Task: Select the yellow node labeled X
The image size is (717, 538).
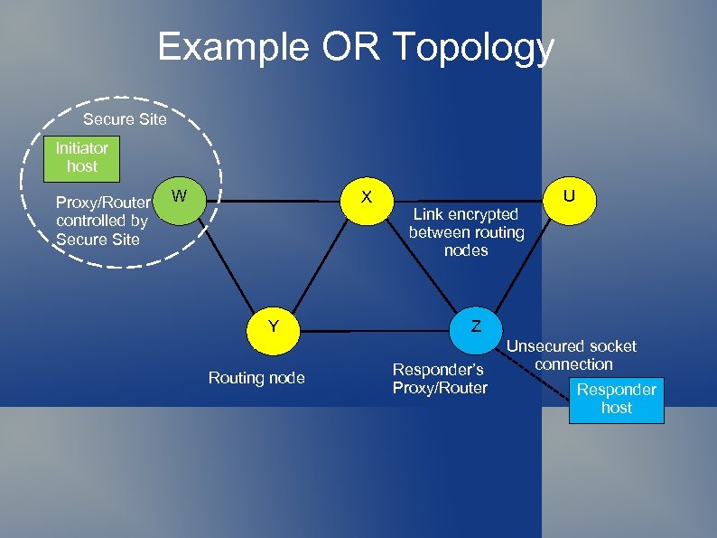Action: click(366, 196)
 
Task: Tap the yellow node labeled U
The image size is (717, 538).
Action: click(569, 196)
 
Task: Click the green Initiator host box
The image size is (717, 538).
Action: click(81, 156)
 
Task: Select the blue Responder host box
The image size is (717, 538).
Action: click(616, 399)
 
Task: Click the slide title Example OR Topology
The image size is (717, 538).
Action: click(356, 47)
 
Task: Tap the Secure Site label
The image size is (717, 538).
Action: click(125, 119)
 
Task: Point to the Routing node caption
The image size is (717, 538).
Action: click(256, 378)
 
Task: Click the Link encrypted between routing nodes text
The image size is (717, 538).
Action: click(466, 232)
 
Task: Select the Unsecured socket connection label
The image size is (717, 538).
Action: click(572, 355)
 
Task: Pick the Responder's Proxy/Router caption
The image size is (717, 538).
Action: click(439, 379)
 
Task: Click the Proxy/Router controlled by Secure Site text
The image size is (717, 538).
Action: click(102, 221)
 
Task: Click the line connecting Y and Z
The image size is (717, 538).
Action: click(374, 332)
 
